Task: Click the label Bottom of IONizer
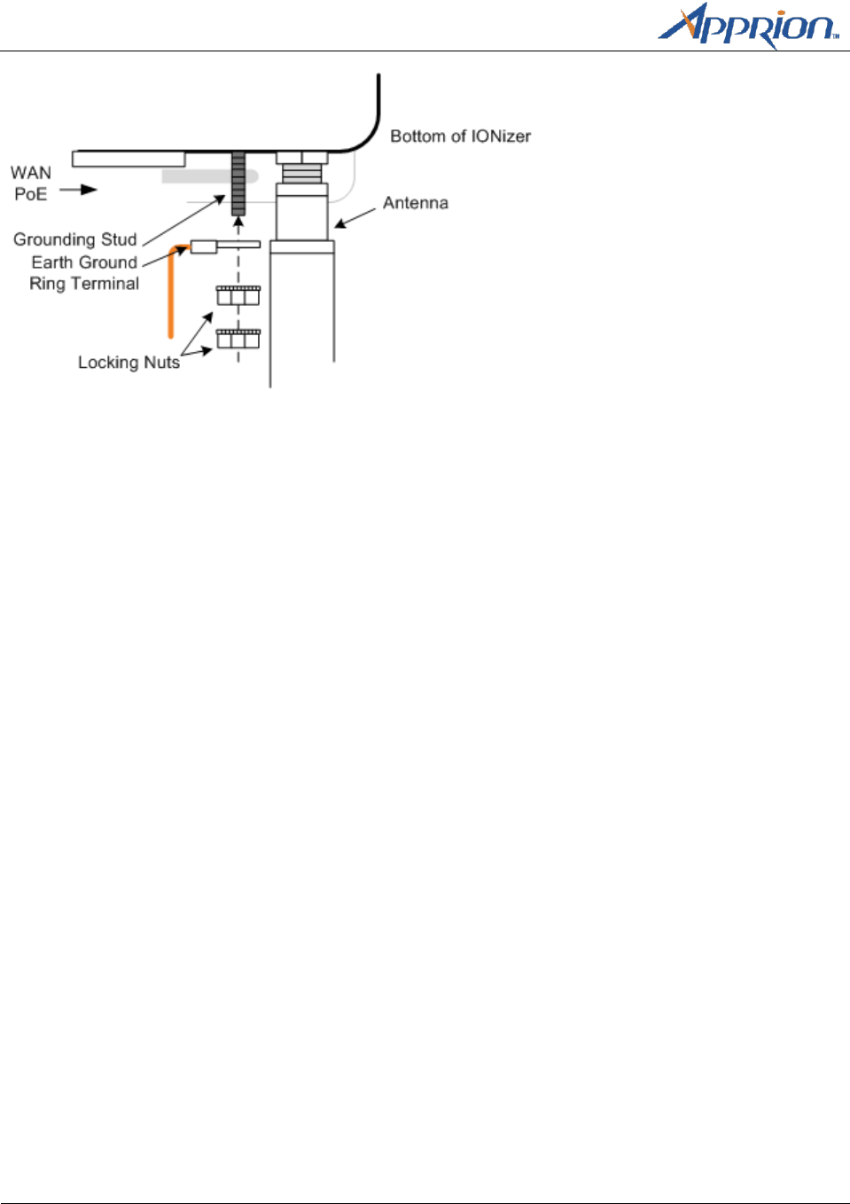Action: click(x=460, y=137)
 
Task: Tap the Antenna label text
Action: click(x=415, y=203)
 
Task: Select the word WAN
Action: click(x=31, y=173)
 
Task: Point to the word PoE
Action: click(x=31, y=194)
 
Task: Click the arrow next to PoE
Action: click(x=79, y=190)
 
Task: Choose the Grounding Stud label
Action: click(x=75, y=239)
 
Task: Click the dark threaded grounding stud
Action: click(x=238, y=183)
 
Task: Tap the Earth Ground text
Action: click(x=84, y=262)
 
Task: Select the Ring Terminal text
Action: click(x=84, y=284)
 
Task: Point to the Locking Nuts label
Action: click(x=129, y=363)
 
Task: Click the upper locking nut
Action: click(x=238, y=295)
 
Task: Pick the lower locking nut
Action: click(x=238, y=338)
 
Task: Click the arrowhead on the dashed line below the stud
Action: click(x=238, y=222)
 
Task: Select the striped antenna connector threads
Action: click(x=302, y=172)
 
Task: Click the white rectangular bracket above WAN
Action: click(x=129, y=159)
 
